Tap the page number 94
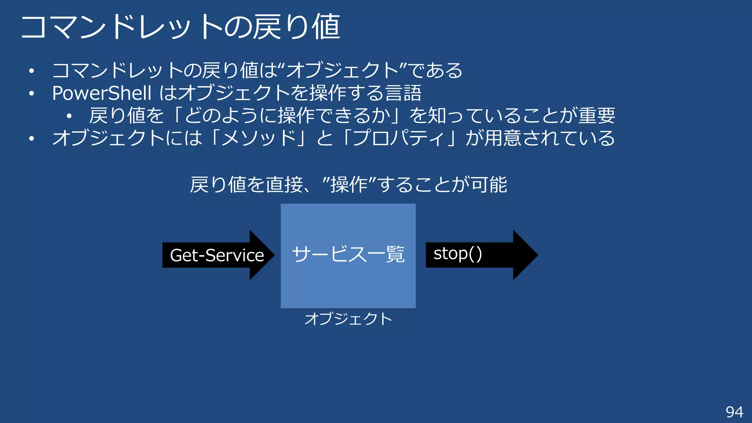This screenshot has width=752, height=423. point(734,412)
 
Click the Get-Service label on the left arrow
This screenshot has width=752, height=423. point(217,255)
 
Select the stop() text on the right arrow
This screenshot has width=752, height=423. point(458,254)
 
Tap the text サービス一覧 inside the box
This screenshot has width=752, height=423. point(348,254)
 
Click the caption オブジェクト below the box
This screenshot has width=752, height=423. point(348,319)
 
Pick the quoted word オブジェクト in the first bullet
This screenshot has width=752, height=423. point(342,70)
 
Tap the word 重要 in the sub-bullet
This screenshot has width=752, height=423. point(597,116)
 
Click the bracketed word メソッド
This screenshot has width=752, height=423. point(259,138)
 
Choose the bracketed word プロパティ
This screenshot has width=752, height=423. point(399,138)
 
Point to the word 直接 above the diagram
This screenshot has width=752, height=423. point(284,185)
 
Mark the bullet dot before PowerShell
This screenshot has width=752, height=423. point(32,94)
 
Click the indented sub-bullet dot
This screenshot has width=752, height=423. point(69,116)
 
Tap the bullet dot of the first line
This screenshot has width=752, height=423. point(32,71)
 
